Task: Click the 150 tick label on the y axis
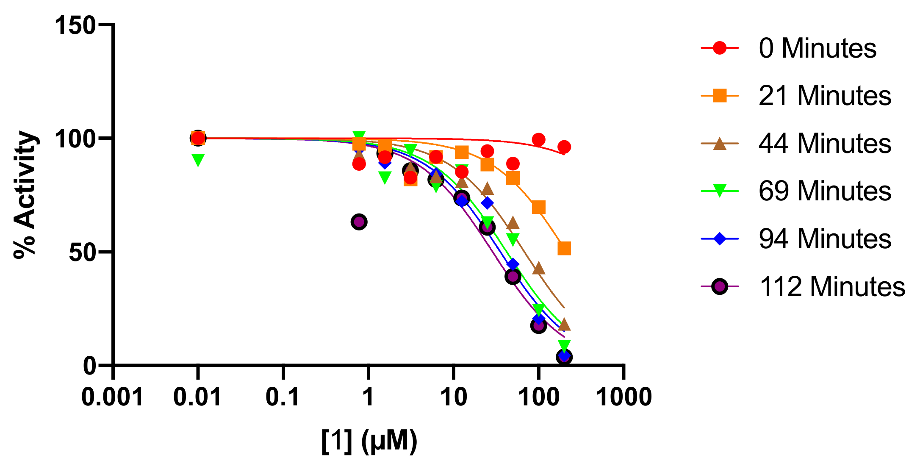coord(75,25)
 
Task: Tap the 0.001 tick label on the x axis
coord(112,397)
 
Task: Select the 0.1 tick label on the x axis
coord(283,397)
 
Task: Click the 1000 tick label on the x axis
coord(623,397)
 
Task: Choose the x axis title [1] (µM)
coord(369,441)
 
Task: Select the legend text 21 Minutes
coord(825,96)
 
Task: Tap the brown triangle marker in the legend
coord(720,144)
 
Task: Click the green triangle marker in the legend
coord(720,191)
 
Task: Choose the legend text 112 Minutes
coord(832,287)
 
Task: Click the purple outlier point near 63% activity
coord(359,222)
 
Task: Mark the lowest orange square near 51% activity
coord(564,248)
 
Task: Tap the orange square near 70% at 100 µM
coord(538,207)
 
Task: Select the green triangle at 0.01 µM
coord(198,159)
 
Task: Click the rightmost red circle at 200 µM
coord(564,147)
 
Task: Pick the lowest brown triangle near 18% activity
coord(564,325)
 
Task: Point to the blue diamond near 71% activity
coord(487,203)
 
